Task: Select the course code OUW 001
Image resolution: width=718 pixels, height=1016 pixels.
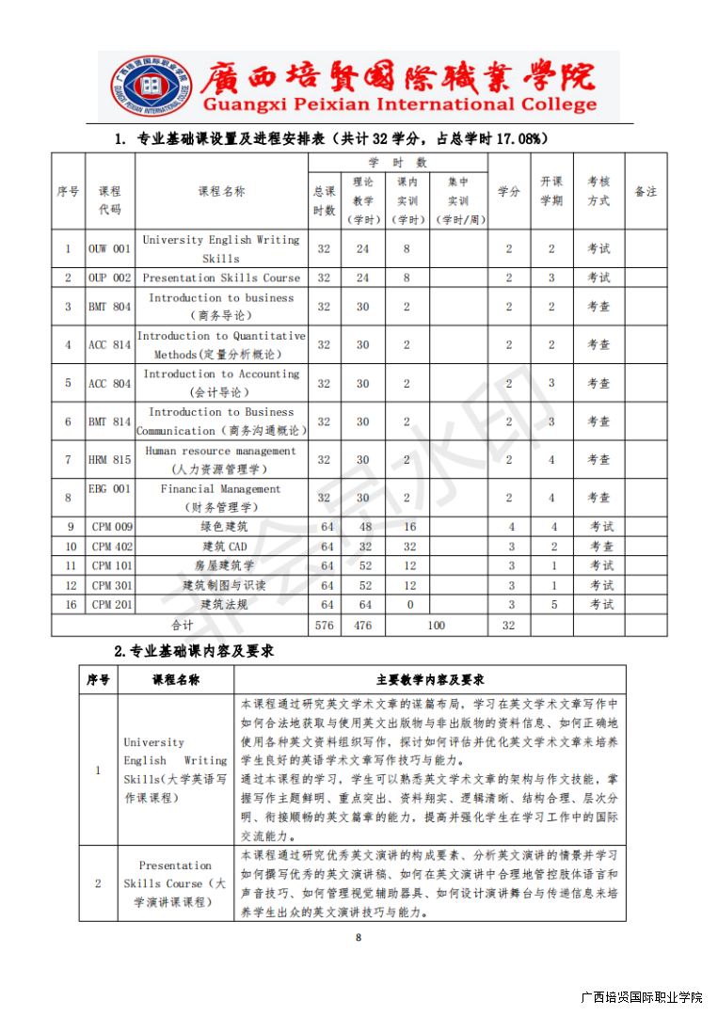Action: coord(109,249)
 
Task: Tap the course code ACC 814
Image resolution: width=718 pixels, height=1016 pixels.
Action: coord(109,345)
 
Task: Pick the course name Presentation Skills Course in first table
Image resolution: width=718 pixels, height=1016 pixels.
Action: coord(221,278)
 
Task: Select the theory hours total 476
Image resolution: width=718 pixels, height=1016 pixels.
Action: coord(362,626)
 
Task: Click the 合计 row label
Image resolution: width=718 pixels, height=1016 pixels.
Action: coord(181,626)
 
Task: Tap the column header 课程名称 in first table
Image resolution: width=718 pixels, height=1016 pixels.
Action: coord(221,191)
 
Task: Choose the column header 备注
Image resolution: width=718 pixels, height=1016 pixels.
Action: coord(646,191)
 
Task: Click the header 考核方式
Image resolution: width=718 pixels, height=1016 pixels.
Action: coord(598,191)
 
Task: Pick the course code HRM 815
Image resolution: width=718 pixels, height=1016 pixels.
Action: coord(109,460)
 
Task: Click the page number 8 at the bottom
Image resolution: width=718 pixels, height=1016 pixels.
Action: coord(359,937)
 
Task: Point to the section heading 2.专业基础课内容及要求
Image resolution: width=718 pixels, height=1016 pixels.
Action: coord(194,651)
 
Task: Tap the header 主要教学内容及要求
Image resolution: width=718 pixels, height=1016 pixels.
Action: coord(429,680)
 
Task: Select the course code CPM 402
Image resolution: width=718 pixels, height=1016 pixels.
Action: coord(112,547)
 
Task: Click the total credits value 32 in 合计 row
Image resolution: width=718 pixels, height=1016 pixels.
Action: coord(509,626)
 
